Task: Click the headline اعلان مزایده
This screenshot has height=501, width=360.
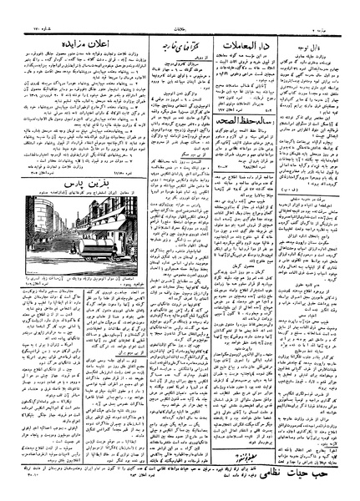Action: [x=64, y=34]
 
